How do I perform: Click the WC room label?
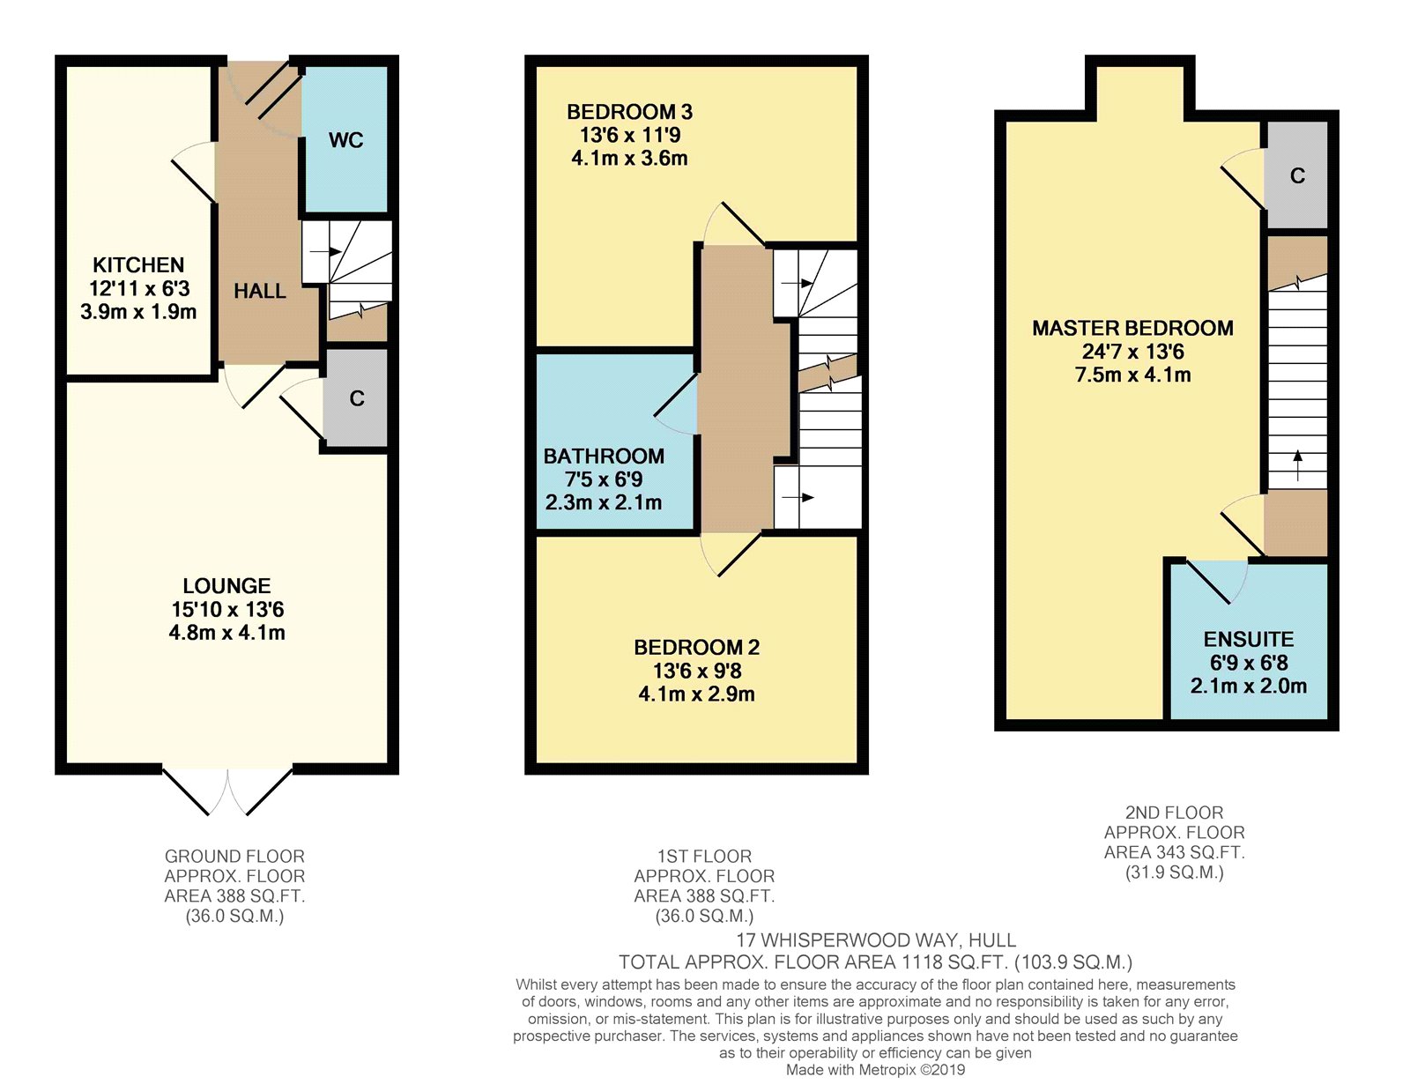pyautogui.click(x=345, y=140)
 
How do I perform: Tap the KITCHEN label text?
pyautogui.click(x=138, y=264)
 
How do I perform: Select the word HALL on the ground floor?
pyautogui.click(x=260, y=292)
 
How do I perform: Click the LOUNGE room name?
pyautogui.click(x=226, y=586)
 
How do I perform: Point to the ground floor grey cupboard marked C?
pyautogui.click(x=356, y=398)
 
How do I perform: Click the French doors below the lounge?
pyautogui.click(x=227, y=791)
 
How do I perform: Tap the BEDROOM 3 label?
pyautogui.click(x=629, y=112)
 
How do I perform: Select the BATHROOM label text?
pyautogui.click(x=604, y=457)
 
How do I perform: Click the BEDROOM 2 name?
pyautogui.click(x=696, y=648)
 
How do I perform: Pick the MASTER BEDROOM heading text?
pyautogui.click(x=1132, y=328)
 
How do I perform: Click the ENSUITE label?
pyautogui.click(x=1249, y=640)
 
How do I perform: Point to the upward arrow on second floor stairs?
pyautogui.click(x=1298, y=465)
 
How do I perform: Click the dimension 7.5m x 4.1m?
pyautogui.click(x=1133, y=375)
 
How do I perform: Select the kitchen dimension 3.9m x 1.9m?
pyautogui.click(x=138, y=312)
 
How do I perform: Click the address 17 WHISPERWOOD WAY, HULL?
pyautogui.click(x=875, y=940)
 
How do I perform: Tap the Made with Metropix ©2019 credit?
pyautogui.click(x=875, y=1071)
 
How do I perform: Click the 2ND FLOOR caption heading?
pyautogui.click(x=1174, y=813)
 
